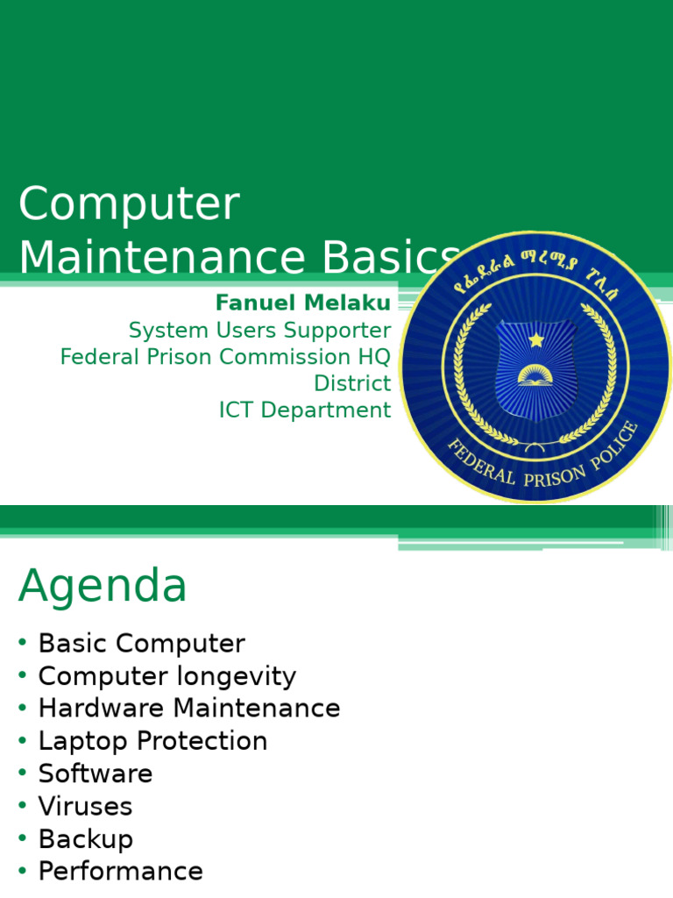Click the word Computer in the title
[129, 205]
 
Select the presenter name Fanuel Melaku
[303, 303]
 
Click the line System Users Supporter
[259, 331]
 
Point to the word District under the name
[352, 383]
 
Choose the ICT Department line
[305, 410]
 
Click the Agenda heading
[103, 586]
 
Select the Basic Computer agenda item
[141, 644]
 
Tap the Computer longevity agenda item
[166, 676]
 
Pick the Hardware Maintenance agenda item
[188, 709]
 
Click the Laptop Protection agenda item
[152, 741]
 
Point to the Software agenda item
[95, 773]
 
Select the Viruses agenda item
[85, 806]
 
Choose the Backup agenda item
[85, 838]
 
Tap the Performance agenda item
[120, 871]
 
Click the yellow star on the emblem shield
[535, 339]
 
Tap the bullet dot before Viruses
[22, 806]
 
